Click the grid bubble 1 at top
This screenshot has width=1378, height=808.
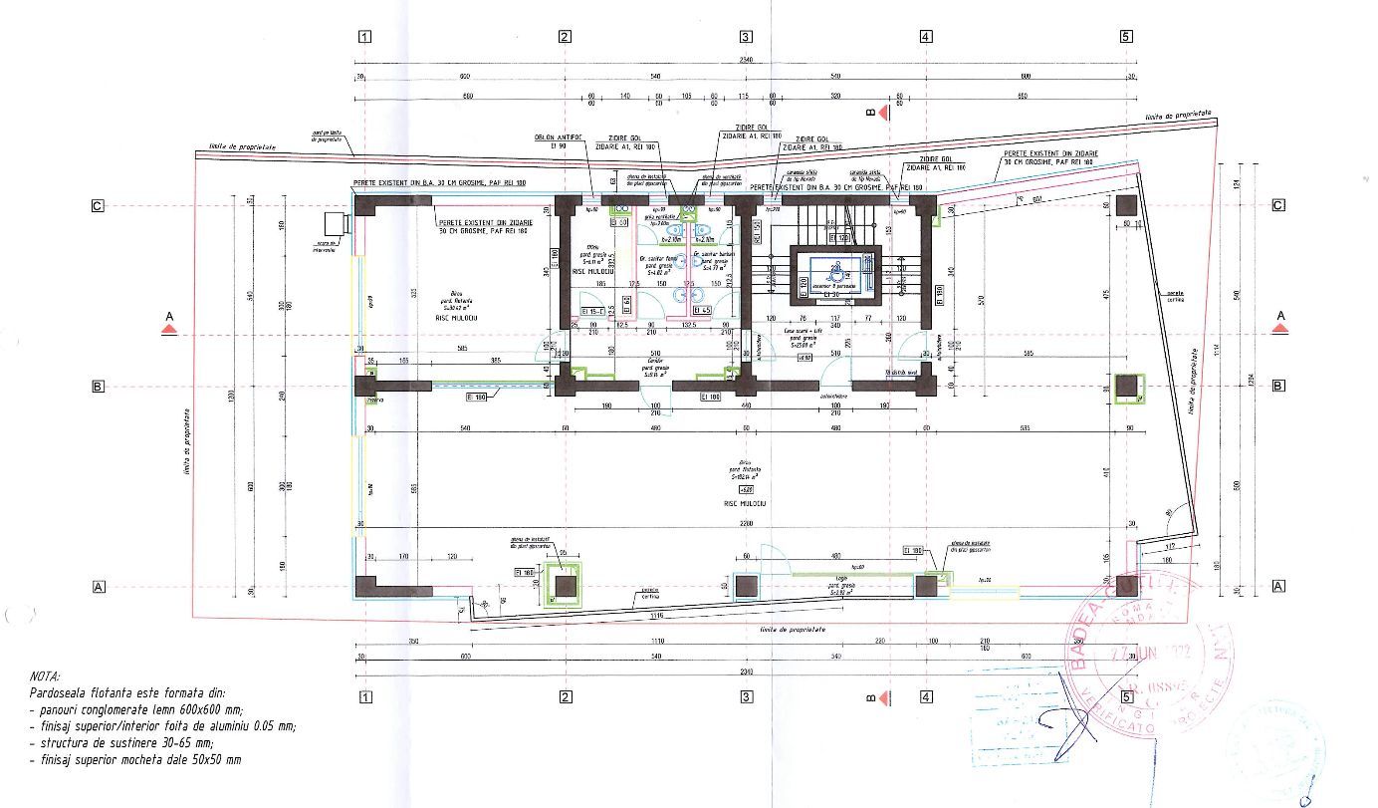click(x=364, y=37)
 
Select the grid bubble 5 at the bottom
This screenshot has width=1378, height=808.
click(x=1126, y=697)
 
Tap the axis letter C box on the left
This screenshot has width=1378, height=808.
click(x=98, y=206)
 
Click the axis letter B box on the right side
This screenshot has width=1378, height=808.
click(x=1278, y=386)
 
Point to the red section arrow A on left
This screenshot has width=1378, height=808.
click(x=169, y=329)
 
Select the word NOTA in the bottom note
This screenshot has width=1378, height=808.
click(x=45, y=675)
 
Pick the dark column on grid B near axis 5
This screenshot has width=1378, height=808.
click(x=1126, y=388)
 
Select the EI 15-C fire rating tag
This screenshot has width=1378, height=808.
click(x=593, y=312)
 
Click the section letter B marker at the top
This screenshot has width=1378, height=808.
click(x=870, y=114)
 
